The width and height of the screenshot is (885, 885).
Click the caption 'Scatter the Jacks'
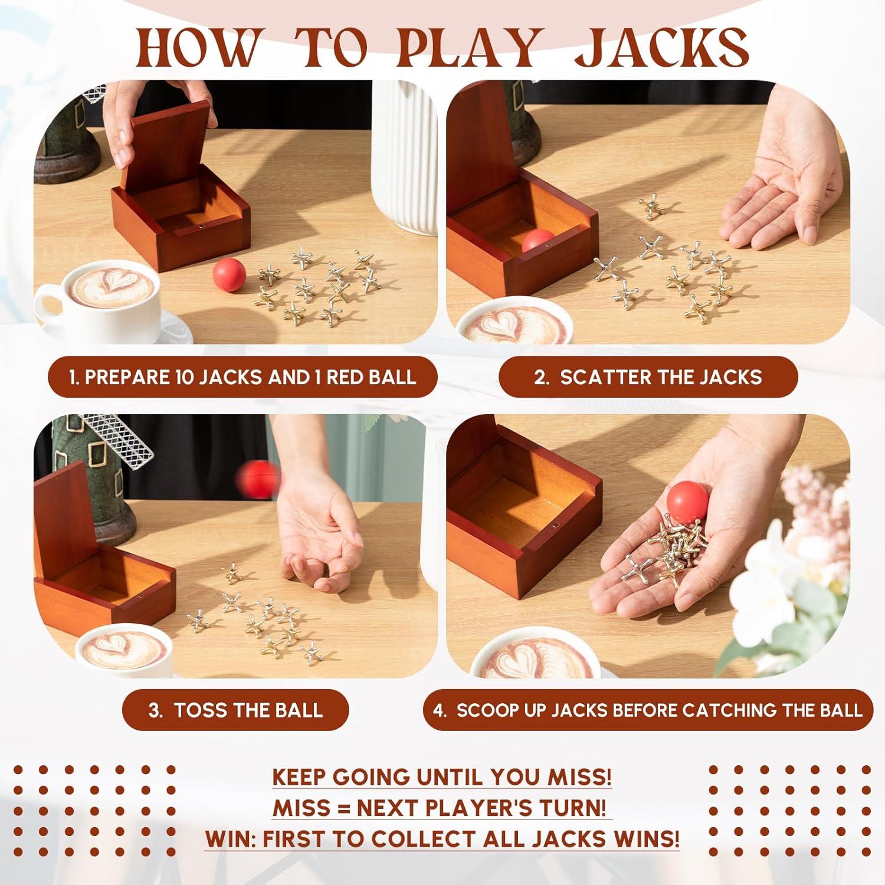648,377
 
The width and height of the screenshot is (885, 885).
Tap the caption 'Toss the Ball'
235,710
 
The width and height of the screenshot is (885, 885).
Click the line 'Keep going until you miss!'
442,777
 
